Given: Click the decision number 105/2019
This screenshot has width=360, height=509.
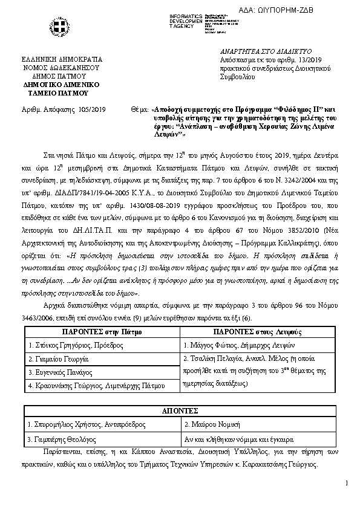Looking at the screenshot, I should pyautogui.click(x=92, y=109).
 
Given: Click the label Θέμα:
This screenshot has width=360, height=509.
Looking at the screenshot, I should pyautogui.click(x=139, y=109).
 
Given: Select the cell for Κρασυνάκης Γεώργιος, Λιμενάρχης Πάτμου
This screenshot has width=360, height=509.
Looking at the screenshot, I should pyautogui.click(x=92, y=385).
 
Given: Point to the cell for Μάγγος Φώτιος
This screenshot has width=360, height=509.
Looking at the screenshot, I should pyautogui.click(x=230, y=345).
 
